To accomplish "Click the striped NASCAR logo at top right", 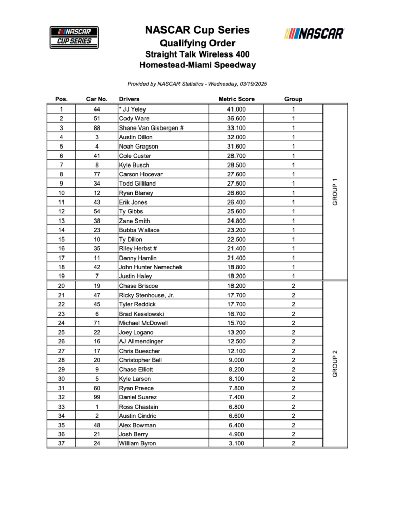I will point(314,33).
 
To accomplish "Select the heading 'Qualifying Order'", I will point(197,43).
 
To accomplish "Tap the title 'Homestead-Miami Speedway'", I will point(197,65).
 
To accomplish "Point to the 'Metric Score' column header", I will point(236,99).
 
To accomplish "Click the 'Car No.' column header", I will point(97,99).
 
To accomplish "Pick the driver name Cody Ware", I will point(134,119).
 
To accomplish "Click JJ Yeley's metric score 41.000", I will point(236,109).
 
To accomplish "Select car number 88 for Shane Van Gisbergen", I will point(97,128).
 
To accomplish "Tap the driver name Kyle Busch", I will point(134,165).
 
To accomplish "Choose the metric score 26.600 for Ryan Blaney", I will point(236,193).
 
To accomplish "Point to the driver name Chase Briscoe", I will point(139,286).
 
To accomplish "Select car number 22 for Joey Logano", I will point(97,332).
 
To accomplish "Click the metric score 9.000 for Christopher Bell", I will point(236,360).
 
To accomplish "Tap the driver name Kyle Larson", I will point(135,379).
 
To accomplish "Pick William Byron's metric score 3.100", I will point(236,443).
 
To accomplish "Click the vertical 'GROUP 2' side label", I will point(335,363).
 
